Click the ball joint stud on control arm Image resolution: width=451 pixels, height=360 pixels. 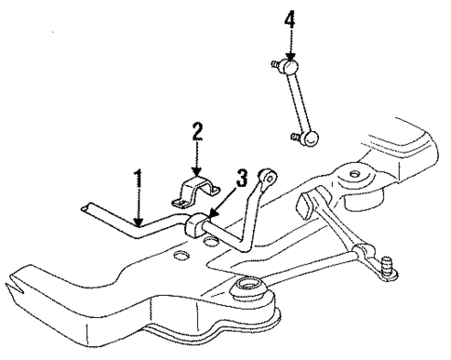386,270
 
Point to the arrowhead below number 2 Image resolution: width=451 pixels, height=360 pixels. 197,170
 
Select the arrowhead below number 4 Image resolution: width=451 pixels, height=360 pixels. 289,58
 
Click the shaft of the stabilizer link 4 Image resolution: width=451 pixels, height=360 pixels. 300,102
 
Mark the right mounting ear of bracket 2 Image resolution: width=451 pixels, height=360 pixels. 217,191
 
